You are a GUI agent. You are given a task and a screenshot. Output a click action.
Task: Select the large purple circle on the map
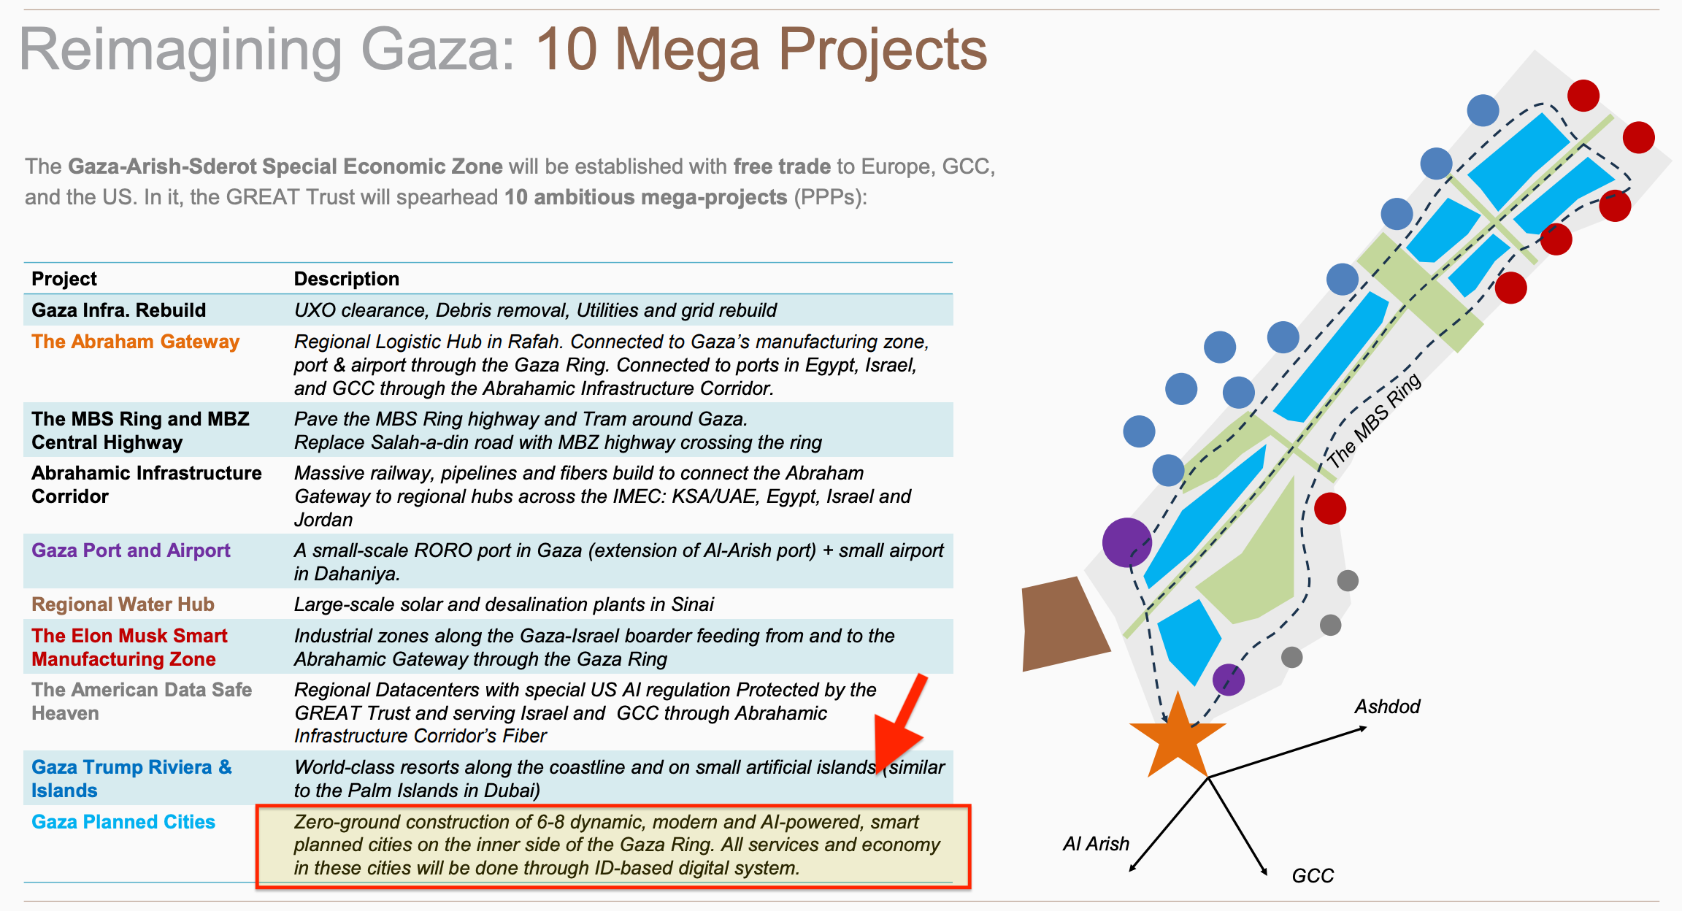1126,542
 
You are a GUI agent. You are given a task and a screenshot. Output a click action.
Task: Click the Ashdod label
1387,707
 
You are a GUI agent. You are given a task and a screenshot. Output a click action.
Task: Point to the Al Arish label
1095,844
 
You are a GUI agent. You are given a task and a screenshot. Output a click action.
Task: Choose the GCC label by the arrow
1313,875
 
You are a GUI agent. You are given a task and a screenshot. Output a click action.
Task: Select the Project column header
64,279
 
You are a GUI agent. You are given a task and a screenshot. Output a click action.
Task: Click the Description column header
346,279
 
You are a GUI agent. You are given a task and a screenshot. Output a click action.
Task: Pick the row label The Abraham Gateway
135,342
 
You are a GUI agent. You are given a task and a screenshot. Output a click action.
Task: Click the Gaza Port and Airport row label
131,550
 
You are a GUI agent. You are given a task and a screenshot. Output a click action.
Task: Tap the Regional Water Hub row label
123,604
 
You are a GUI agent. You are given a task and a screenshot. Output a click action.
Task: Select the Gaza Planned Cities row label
123,822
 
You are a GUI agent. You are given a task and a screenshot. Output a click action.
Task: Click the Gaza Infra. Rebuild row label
118,310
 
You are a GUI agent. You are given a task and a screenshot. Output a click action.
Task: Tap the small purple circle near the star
1228,680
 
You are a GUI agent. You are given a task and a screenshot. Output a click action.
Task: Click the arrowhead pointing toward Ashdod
1362,728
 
